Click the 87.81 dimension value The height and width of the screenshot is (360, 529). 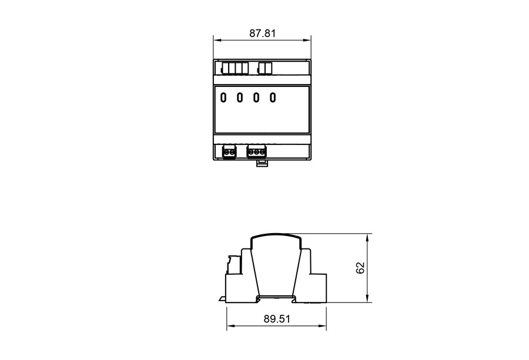coord(263,33)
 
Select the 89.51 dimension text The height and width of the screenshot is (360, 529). coord(277,319)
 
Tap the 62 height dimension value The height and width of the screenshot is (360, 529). coord(360,268)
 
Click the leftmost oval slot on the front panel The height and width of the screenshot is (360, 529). coord(223,97)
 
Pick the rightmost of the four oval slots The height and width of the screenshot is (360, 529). coord(273,97)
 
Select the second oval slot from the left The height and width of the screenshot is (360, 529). coord(240,97)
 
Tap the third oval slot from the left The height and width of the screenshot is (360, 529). coord(256,97)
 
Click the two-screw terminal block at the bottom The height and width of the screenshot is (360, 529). coord(229,152)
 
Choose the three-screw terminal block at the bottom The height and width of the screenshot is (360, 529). coord(256,152)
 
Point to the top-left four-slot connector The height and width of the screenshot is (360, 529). coord(235,69)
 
